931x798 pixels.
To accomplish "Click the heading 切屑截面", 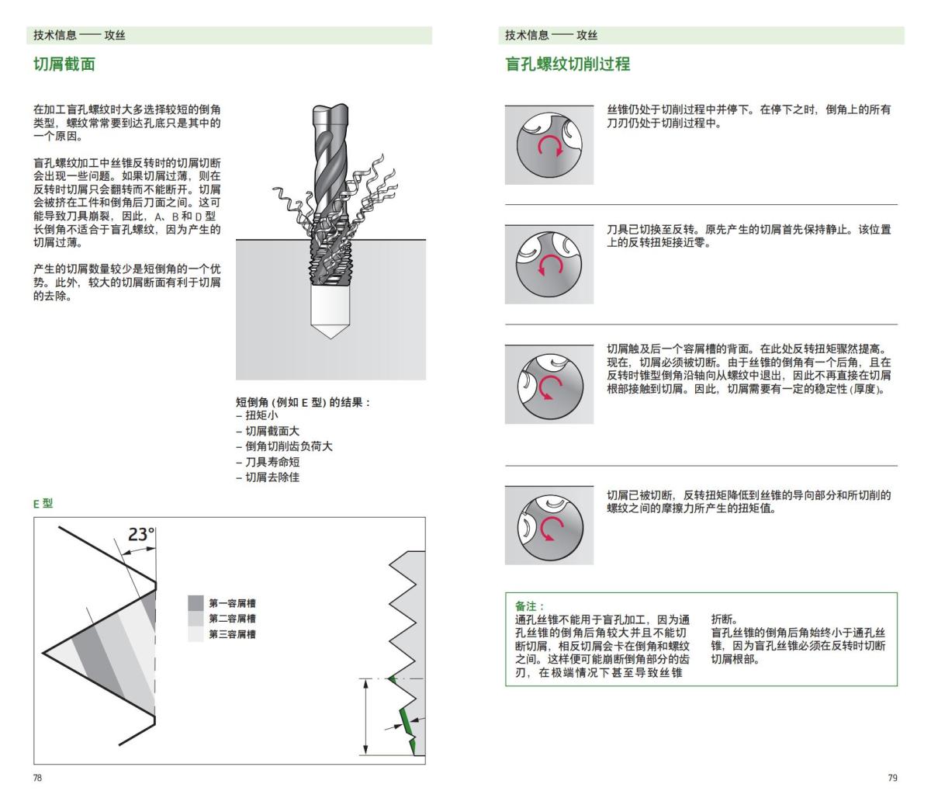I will point(64,64).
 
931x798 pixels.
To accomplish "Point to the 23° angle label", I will point(141,534).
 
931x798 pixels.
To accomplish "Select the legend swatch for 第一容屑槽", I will point(196,603).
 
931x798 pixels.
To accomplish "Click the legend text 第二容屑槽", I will point(232,619).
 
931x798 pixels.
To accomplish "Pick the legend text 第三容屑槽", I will point(232,634).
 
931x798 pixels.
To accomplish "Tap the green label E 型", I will point(43,503).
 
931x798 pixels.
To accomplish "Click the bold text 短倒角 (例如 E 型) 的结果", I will point(303,402).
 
